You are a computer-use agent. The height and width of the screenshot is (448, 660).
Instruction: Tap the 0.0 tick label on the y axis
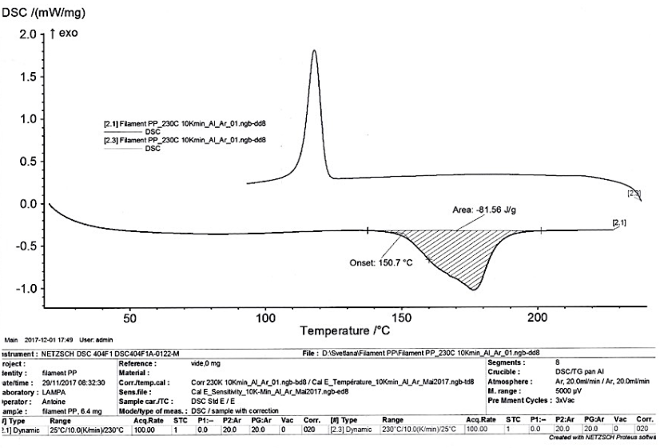(x=26, y=204)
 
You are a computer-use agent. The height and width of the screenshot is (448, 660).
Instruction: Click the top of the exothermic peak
(x=314, y=50)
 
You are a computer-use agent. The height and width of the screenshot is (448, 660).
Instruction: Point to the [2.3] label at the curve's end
(x=634, y=194)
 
